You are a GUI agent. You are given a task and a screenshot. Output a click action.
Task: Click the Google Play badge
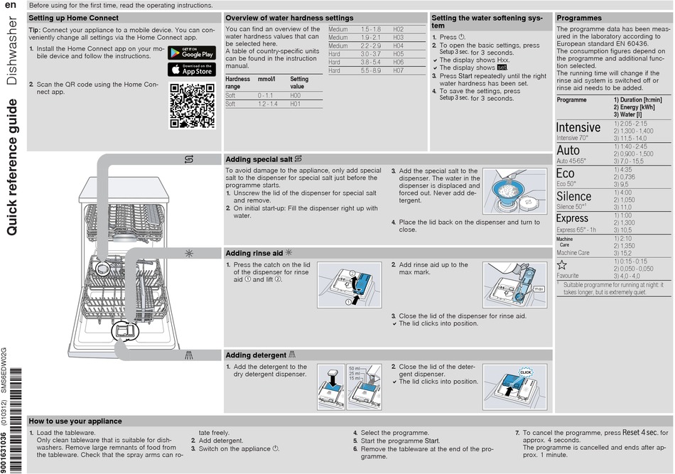[191, 53]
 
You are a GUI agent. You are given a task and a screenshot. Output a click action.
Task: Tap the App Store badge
[191, 70]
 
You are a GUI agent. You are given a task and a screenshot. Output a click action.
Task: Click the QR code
[193, 105]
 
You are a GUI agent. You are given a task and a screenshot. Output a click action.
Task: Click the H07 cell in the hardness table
[399, 71]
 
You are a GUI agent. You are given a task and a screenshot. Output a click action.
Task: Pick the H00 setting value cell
[296, 95]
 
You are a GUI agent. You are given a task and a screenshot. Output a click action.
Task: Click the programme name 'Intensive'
[578, 127]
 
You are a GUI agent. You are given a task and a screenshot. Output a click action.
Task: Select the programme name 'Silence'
[573, 196]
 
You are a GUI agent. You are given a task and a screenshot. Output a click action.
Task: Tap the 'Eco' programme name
[566, 173]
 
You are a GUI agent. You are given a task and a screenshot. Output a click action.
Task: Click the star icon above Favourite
[562, 264]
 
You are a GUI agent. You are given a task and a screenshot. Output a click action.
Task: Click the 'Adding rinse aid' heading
[253, 253]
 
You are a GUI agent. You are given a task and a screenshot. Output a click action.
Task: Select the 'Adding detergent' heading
[256, 355]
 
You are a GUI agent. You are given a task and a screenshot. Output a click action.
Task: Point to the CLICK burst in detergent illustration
[526, 372]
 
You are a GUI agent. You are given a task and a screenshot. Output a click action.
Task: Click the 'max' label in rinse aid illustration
[539, 289]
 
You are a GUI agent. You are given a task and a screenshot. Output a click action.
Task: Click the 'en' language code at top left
[10, 5]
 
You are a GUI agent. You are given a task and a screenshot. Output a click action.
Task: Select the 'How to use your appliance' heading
[75, 421]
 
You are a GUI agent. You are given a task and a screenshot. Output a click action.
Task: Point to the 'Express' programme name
[572, 218]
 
